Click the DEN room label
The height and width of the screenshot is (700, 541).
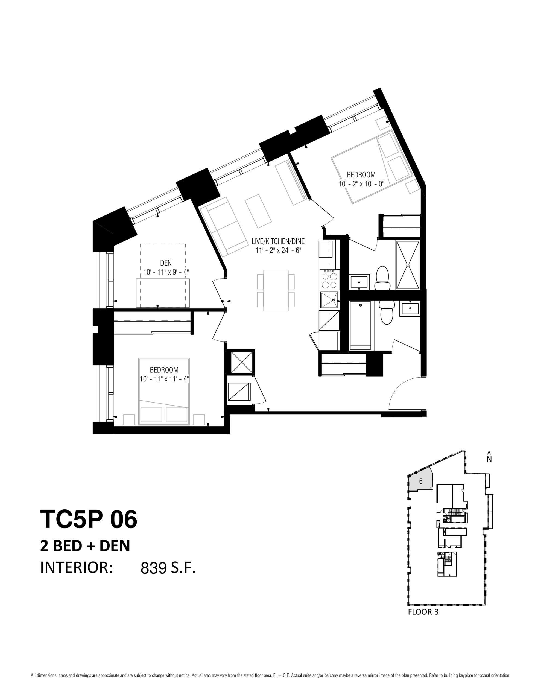click(x=166, y=263)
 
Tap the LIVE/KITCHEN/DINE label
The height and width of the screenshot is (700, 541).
click(x=278, y=241)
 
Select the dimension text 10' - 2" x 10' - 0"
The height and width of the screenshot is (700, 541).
click(x=361, y=184)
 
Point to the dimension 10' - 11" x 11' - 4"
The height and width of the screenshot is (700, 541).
click(x=164, y=379)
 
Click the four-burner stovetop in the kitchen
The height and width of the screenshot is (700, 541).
click(x=329, y=279)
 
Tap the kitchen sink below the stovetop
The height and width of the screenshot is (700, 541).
click(x=329, y=300)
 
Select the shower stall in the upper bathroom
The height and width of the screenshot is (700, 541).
click(x=408, y=265)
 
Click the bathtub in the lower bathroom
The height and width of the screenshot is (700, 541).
click(x=360, y=325)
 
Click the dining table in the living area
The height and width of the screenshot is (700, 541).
click(x=276, y=290)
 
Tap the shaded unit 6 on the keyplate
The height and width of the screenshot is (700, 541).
click(x=420, y=481)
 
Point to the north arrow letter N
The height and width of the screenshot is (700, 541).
click(x=489, y=459)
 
